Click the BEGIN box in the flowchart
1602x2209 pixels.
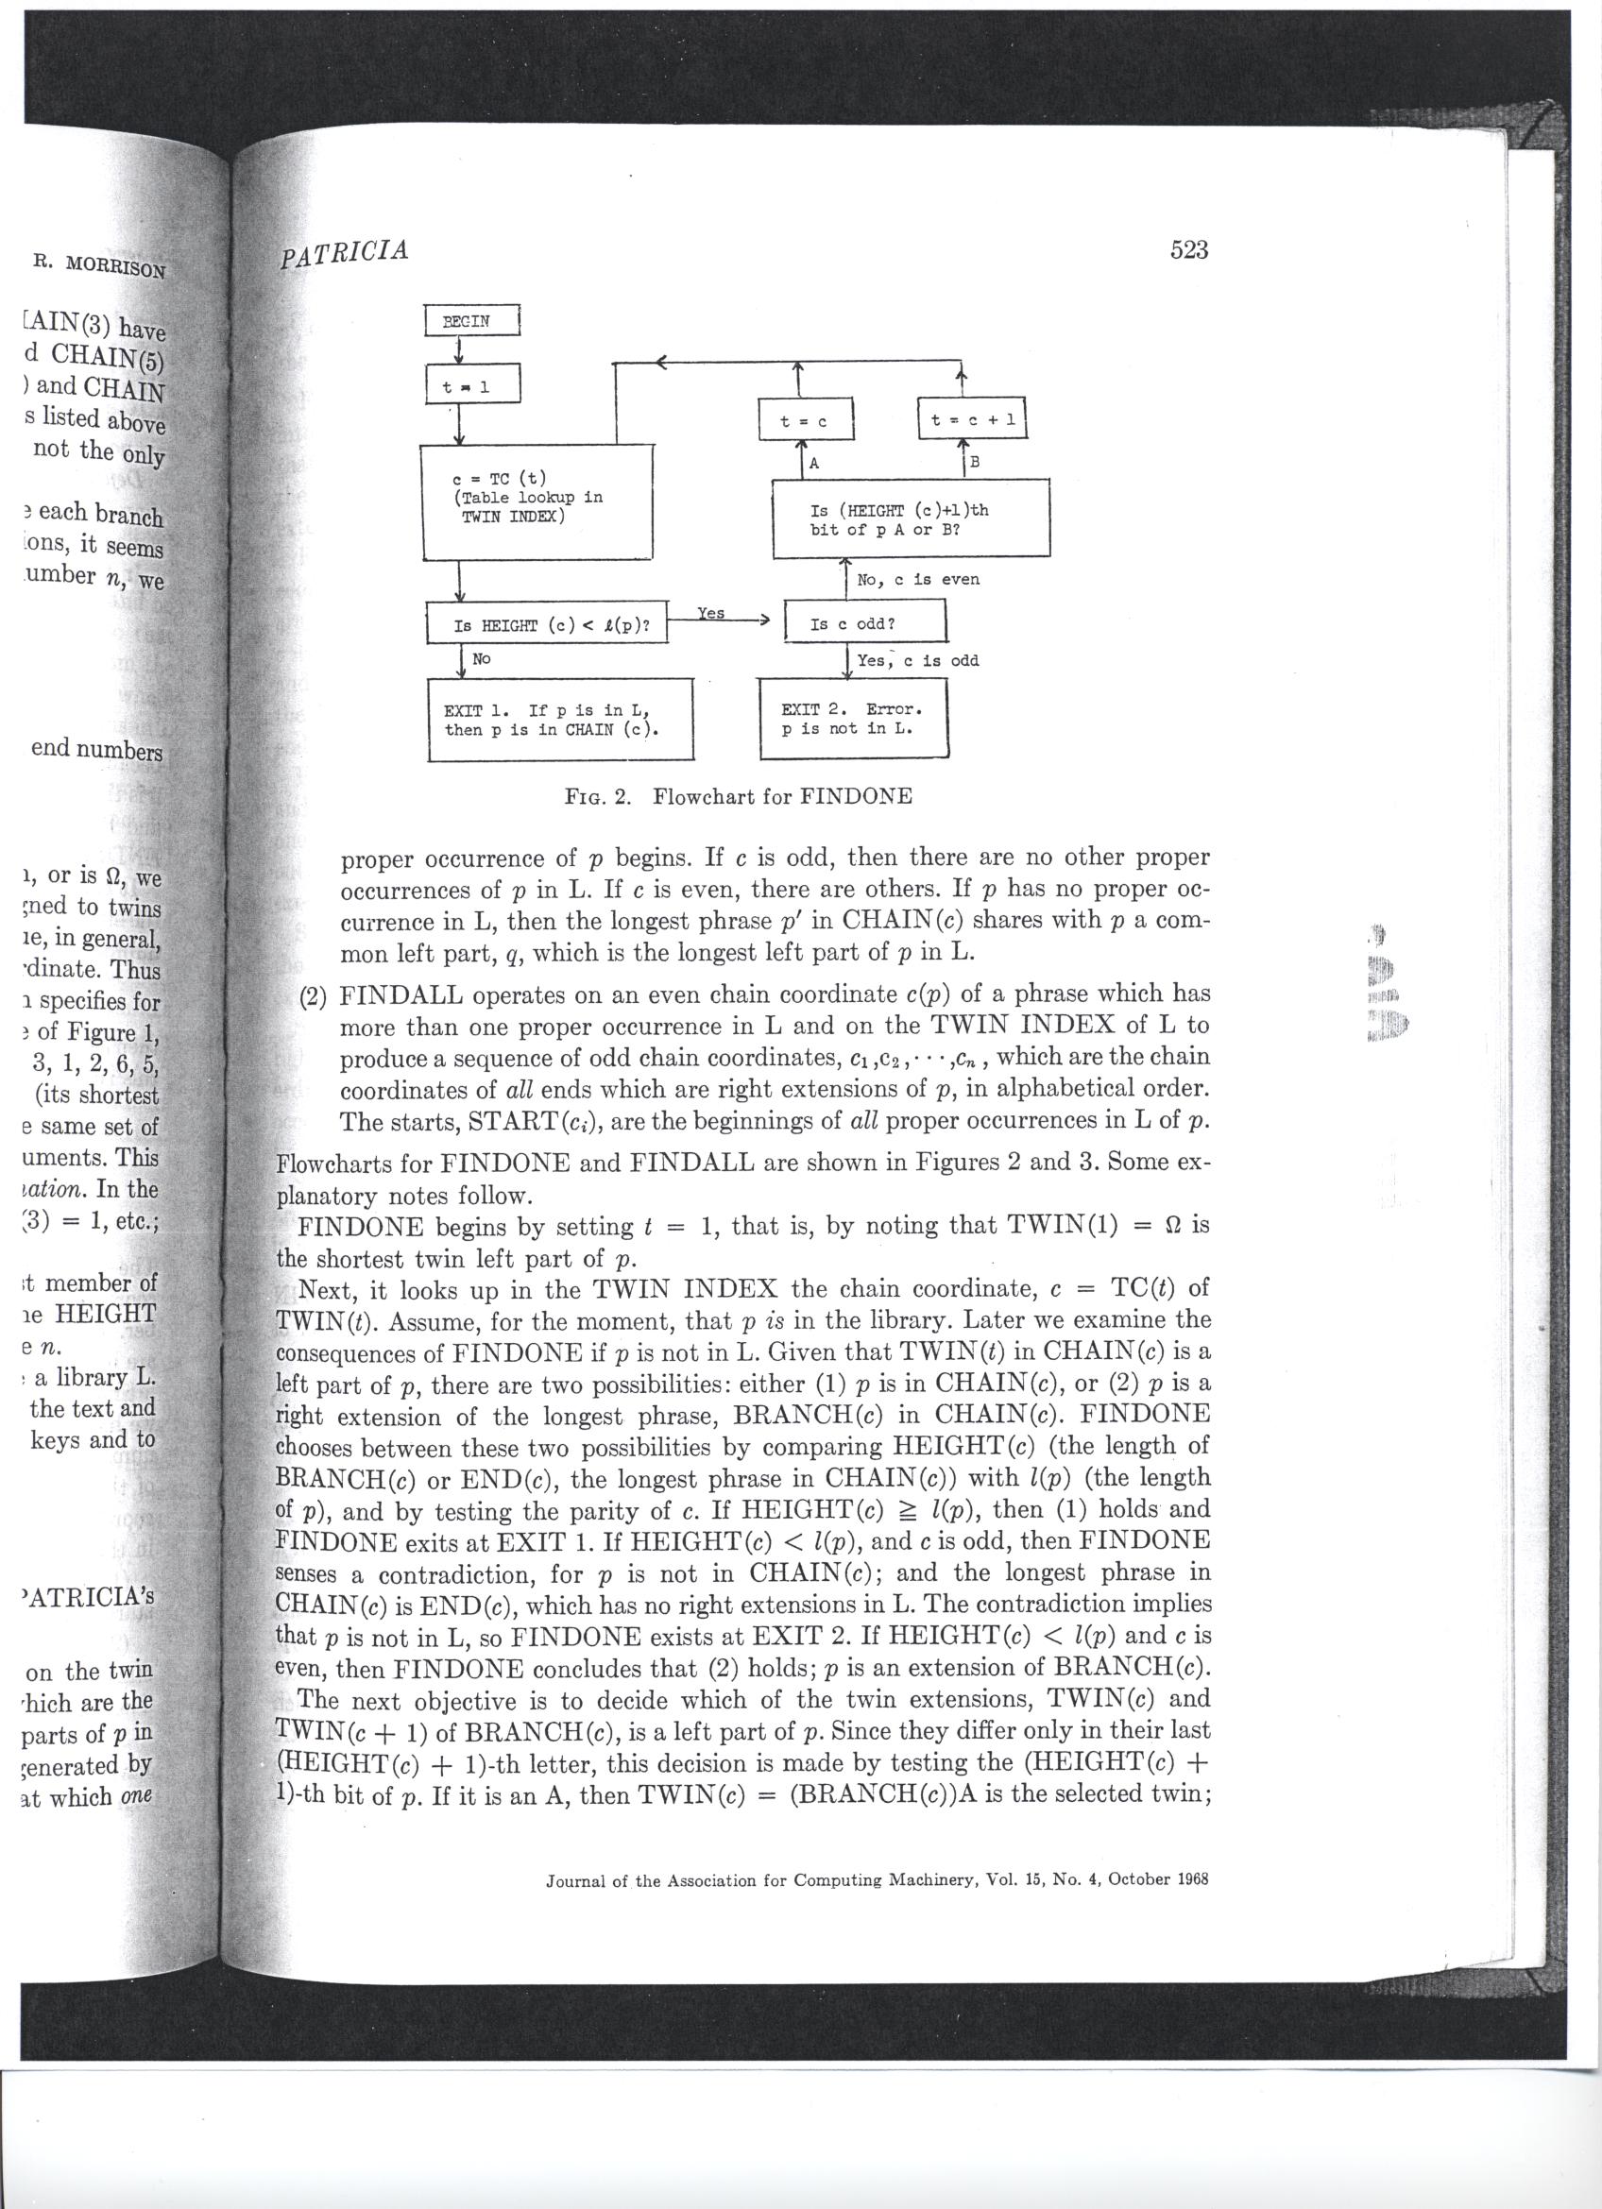click(x=473, y=320)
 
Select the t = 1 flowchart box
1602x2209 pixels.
click(x=474, y=385)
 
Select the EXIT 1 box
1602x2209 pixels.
click(x=560, y=719)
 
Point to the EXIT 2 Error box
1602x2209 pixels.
click(x=853, y=719)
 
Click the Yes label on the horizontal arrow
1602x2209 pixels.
click(x=711, y=613)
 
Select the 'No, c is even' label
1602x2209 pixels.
click(x=917, y=580)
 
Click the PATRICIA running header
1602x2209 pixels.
click(x=344, y=253)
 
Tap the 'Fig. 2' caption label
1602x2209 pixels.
click(x=598, y=796)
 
